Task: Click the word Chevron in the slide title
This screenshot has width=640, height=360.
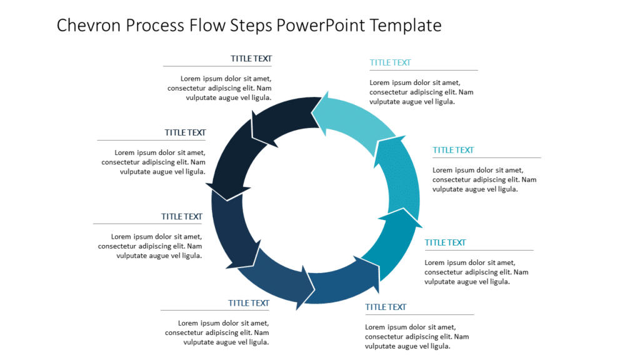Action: pyautogui.click(x=88, y=26)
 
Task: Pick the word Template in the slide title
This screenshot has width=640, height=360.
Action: pyautogui.click(x=406, y=26)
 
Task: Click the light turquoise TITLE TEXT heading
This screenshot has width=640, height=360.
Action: pyautogui.click(x=390, y=62)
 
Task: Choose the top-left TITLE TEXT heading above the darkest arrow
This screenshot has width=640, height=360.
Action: pyautogui.click(x=251, y=59)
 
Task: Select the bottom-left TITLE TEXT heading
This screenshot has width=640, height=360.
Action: pyautogui.click(x=249, y=303)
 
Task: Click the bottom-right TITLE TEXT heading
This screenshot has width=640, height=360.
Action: pyautogui.click(x=386, y=307)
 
